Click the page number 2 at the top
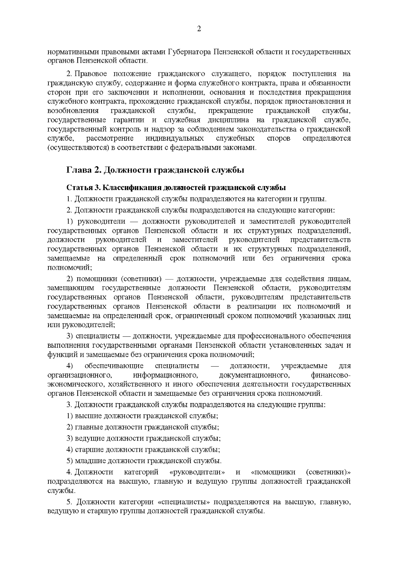click(199, 29)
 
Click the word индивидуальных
click(174, 138)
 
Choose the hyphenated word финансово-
click(331, 375)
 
